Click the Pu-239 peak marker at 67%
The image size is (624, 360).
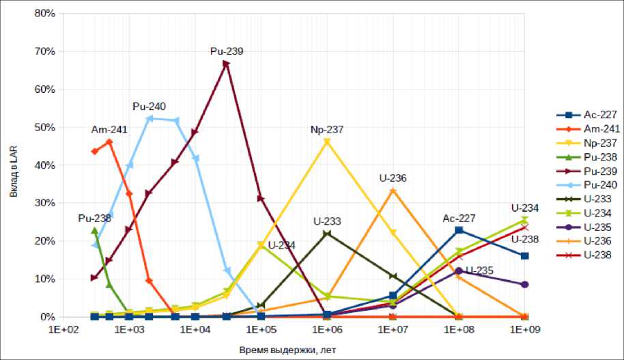tap(226, 64)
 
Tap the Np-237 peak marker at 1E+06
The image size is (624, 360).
tap(327, 142)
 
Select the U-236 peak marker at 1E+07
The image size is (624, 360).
tap(393, 191)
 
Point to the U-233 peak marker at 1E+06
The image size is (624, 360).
tap(327, 234)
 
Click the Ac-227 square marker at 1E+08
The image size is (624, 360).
tap(459, 230)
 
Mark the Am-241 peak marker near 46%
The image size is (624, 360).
tap(109, 142)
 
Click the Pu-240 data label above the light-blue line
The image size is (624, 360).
tap(150, 107)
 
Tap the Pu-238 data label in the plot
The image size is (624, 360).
tap(94, 219)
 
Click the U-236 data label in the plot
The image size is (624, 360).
tap(393, 178)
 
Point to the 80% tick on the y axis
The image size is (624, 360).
tap(44, 13)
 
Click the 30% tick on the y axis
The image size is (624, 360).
tap(44, 203)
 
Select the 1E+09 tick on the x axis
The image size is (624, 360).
tap(524, 330)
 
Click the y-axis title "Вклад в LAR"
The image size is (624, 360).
tap(14, 166)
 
